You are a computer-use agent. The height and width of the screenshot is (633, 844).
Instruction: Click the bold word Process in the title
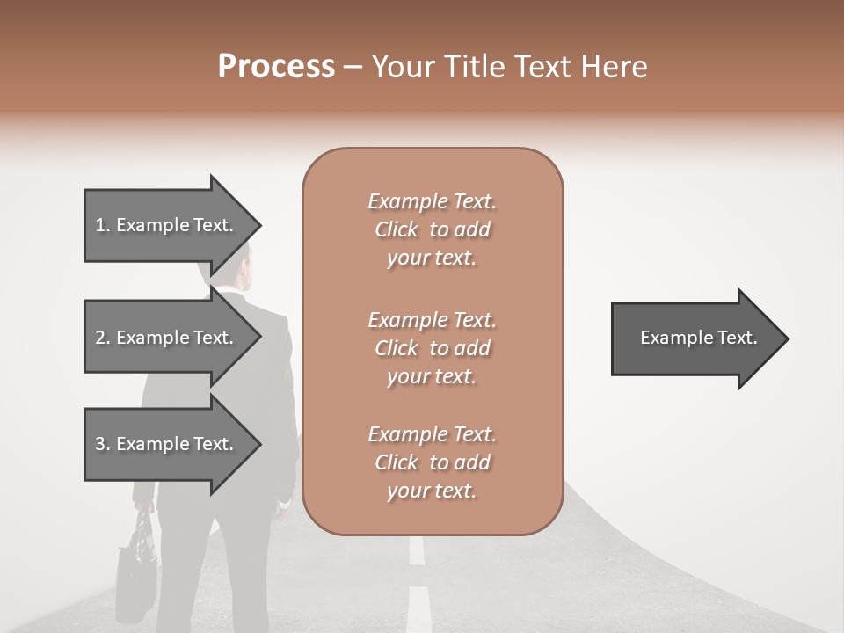click(276, 67)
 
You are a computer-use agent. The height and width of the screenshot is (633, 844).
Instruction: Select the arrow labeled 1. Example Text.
click(171, 225)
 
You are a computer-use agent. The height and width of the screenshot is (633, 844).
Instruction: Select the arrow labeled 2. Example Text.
click(171, 338)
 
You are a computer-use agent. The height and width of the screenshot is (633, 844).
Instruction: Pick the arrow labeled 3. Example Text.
click(171, 444)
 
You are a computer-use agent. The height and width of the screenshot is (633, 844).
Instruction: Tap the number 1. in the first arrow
click(103, 225)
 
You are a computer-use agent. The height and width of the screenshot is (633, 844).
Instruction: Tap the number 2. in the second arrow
click(103, 338)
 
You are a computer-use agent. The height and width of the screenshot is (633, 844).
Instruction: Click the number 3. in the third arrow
click(103, 444)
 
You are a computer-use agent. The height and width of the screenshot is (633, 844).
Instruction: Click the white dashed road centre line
click(418, 607)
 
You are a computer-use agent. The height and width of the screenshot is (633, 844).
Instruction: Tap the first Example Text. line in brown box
click(433, 201)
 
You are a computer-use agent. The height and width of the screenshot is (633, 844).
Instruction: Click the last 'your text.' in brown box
click(432, 491)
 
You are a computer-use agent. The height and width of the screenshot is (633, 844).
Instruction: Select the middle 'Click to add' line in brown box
click(433, 348)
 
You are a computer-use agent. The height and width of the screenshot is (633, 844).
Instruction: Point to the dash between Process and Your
click(353, 68)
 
